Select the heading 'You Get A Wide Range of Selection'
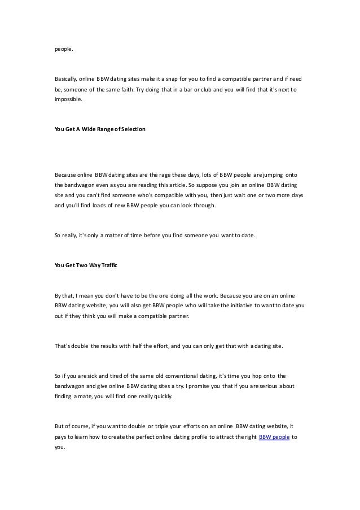coord(100,129)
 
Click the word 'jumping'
coord(272,174)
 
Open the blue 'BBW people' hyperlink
coord(274,437)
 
